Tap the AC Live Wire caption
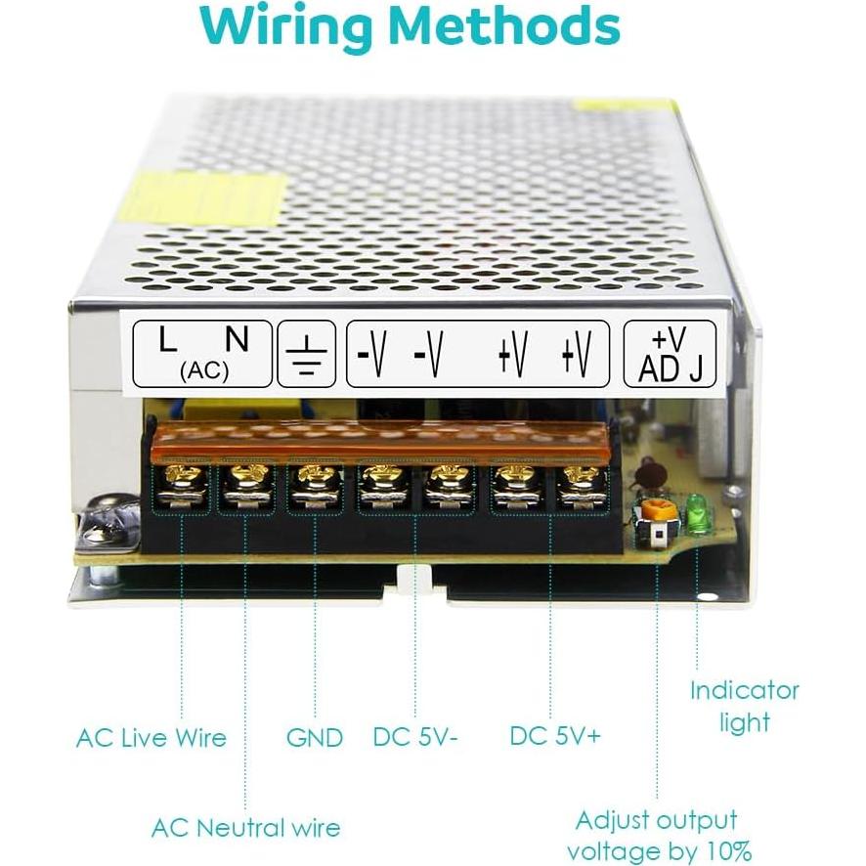(x=151, y=737)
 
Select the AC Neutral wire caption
(x=245, y=828)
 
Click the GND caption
(x=315, y=737)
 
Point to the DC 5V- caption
(x=415, y=737)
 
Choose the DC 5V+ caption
(x=554, y=736)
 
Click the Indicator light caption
(x=744, y=706)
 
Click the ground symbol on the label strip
(x=308, y=354)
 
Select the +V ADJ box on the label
(x=670, y=354)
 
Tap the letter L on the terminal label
(x=168, y=339)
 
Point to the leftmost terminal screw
(x=183, y=479)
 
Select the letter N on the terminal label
(x=236, y=339)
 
